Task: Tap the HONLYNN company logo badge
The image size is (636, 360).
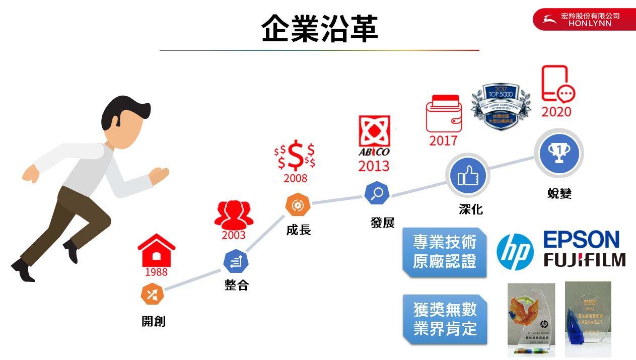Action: [x=584, y=20]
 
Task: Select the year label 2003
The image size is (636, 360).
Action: [x=234, y=235]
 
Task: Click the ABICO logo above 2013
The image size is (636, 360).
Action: [x=374, y=137]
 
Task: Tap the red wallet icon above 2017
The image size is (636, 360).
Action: [x=443, y=113]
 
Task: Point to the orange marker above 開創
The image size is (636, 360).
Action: [x=153, y=294]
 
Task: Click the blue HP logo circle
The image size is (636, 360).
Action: [x=515, y=252]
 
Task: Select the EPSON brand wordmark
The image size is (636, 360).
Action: [x=581, y=240]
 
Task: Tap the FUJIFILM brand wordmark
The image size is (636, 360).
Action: [x=585, y=260]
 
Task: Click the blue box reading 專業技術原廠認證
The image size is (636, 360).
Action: [x=445, y=252]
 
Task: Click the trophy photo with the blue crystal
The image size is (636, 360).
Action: [x=588, y=319]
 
